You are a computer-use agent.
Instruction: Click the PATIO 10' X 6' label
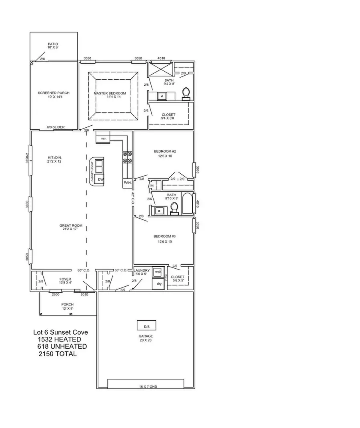pyautogui.click(x=53, y=46)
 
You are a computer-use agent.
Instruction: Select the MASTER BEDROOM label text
pyautogui.click(x=110, y=95)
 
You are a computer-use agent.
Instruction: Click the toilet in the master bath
pyautogui.click(x=186, y=93)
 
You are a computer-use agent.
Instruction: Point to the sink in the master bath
pyautogui.click(x=162, y=96)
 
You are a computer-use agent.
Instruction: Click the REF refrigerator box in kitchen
pyautogui.click(x=103, y=138)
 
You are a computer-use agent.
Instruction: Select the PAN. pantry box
pyautogui.click(x=128, y=183)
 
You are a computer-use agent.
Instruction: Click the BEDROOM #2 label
pyautogui.click(x=165, y=153)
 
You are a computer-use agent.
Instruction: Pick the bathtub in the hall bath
pyautogui.click(x=187, y=204)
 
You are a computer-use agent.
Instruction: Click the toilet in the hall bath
pyautogui.click(x=174, y=208)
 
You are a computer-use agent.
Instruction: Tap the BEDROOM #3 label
pyautogui.click(x=165, y=239)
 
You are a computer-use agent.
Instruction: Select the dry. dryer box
pyautogui.click(x=159, y=283)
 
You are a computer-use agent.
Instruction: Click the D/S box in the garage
pyautogui.click(x=146, y=325)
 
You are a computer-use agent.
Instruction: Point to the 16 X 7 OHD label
pyautogui.click(x=146, y=387)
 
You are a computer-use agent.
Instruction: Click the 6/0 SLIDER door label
pyautogui.click(x=56, y=127)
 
